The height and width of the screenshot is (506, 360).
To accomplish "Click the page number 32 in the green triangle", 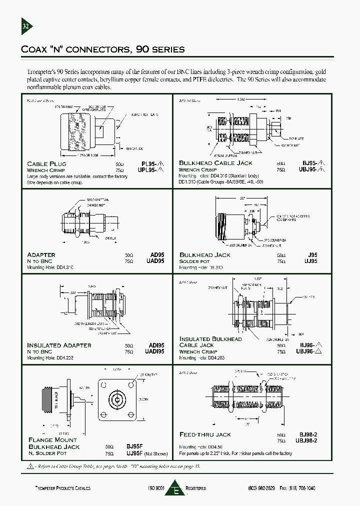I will coord(26,26).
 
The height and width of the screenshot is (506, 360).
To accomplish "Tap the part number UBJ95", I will coord(311,169).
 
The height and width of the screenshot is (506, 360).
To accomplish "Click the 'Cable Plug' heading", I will coord(44,164).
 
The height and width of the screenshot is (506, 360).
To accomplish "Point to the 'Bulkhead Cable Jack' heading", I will coord(215,163).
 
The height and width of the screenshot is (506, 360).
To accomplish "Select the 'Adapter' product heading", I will coord(41,255).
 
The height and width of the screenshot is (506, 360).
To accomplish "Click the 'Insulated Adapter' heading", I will coord(59,345).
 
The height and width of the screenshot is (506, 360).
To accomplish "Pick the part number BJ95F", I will coord(134,446).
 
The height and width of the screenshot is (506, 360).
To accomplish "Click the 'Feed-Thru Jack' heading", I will coord(205,434).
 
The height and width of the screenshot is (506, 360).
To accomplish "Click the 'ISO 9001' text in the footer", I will coord(156,488).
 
